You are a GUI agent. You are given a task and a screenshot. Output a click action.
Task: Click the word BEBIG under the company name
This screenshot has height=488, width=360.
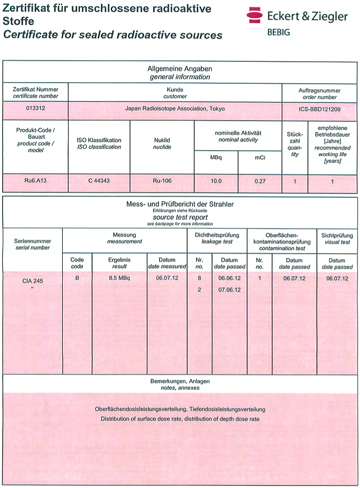tap(279, 32)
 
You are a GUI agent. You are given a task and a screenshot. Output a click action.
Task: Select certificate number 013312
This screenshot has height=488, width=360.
tap(36, 109)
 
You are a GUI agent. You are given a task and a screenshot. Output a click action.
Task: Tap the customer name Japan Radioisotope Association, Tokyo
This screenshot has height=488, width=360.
tap(175, 109)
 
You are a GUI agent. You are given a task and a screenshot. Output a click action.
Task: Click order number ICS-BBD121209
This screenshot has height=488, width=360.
tap(320, 109)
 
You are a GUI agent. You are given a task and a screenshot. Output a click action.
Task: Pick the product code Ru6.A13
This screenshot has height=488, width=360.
tap(36, 181)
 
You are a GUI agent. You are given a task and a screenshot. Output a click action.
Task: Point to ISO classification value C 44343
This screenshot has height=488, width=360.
tap(99, 181)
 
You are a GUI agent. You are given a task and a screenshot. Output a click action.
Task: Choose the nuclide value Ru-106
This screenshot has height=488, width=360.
tap(162, 181)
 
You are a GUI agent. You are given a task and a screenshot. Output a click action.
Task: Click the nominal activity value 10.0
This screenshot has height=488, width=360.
tap(216, 181)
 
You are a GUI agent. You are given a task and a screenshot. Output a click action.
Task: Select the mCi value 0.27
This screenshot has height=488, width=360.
tap(259, 181)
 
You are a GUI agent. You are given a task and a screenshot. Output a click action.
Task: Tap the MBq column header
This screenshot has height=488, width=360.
tap(216, 158)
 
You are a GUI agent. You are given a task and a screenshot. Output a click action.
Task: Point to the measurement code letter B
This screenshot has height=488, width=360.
tap(77, 278)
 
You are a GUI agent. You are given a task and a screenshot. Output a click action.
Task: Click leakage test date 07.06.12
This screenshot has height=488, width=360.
tap(229, 290)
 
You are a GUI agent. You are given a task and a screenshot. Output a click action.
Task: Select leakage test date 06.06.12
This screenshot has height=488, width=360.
tap(229, 278)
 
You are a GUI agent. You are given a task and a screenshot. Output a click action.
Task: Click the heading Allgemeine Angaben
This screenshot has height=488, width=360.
tap(180, 69)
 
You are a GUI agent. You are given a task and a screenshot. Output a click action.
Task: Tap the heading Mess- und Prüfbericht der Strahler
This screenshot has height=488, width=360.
tap(180, 204)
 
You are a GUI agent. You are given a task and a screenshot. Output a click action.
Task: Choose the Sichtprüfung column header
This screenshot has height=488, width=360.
tap(337, 235)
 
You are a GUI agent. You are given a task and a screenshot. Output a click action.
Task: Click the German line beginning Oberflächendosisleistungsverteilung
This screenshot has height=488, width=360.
tap(180, 409)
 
